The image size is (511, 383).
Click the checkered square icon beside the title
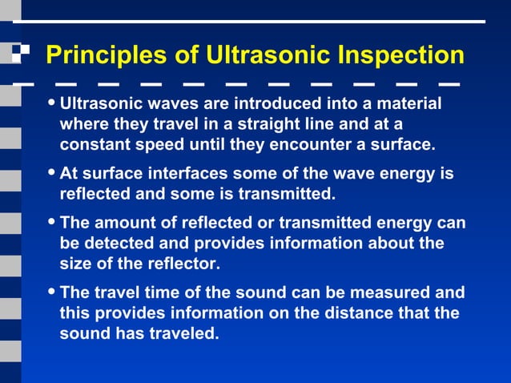pos(20,54)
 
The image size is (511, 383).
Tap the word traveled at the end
pos(183,333)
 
